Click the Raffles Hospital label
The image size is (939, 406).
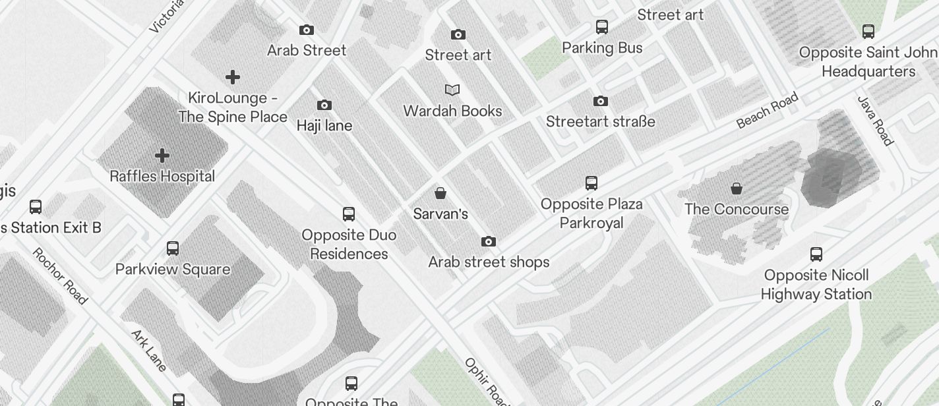[x=162, y=177]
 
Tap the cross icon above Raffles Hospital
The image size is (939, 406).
[x=162, y=156]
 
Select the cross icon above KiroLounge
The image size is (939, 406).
[x=233, y=77]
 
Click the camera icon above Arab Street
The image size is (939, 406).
[x=307, y=30]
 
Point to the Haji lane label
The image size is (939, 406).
[x=324, y=125]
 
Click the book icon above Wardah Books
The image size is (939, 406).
[x=452, y=90]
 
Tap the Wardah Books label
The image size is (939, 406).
[x=452, y=111]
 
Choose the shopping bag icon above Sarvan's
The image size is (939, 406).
[x=440, y=193]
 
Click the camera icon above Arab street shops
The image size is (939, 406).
[x=489, y=241]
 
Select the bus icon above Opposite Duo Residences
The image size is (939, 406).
[x=349, y=214]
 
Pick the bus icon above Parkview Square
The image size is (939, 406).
[x=173, y=248]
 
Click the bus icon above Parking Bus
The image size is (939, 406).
[x=602, y=27]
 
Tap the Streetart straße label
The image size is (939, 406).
[x=601, y=121]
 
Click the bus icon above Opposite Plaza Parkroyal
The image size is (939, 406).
[x=591, y=183]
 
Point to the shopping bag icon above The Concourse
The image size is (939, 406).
[x=737, y=189]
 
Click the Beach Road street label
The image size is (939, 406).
[x=768, y=110]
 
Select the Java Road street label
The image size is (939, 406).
[x=875, y=121]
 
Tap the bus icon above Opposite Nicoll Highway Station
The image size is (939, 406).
[x=816, y=254]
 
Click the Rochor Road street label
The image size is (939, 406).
[x=60, y=276]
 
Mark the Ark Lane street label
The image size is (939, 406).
[x=149, y=351]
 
